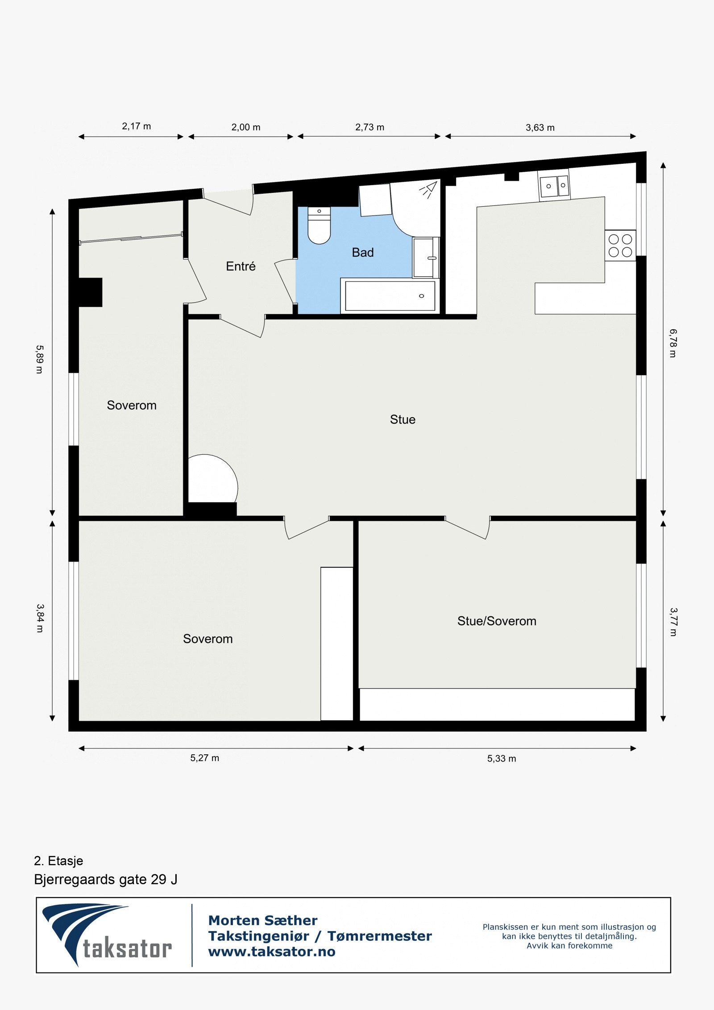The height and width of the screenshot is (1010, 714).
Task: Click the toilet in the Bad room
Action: click(x=319, y=226)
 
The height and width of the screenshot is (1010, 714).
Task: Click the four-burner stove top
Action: click(x=620, y=245)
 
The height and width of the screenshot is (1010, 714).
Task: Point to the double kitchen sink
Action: click(x=554, y=186)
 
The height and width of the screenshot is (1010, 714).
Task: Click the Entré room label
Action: click(x=241, y=266)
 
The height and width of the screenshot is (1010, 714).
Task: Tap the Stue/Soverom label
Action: click(x=496, y=621)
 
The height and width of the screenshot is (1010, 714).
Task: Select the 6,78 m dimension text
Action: click(x=673, y=343)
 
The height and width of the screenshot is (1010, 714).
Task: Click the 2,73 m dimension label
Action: click(x=369, y=127)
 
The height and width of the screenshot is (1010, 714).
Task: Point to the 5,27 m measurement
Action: click(x=204, y=758)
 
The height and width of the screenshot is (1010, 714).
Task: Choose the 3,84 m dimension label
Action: click(x=40, y=618)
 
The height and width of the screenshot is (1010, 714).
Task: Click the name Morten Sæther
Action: click(x=262, y=920)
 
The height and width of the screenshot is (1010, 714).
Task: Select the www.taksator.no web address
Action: click(x=271, y=952)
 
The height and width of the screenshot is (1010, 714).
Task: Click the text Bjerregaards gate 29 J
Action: click(x=105, y=880)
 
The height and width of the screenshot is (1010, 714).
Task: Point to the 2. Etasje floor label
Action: click(x=58, y=861)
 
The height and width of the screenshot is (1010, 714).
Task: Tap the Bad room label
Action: click(x=362, y=253)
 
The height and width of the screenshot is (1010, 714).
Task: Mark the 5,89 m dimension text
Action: click(x=40, y=359)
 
